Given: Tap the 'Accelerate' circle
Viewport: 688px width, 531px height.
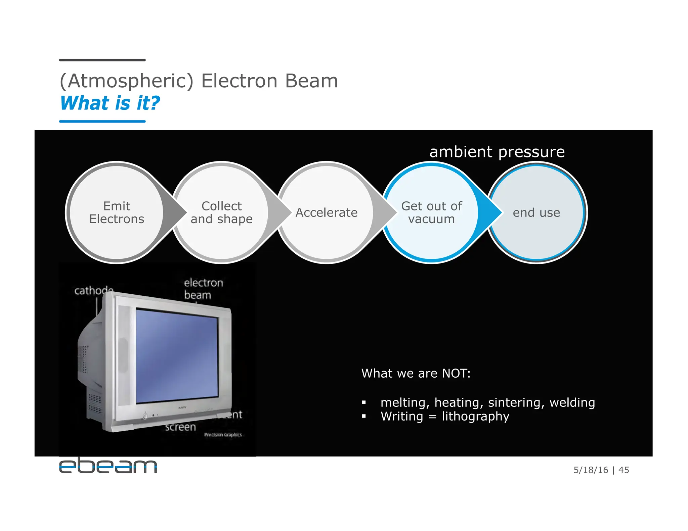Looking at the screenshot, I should pos(326,212).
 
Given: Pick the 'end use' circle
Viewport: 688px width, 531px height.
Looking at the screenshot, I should pos(536,212).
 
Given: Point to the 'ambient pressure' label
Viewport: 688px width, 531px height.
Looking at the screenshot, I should pos(497,152).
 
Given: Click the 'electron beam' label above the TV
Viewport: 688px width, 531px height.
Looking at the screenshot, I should pos(203,289).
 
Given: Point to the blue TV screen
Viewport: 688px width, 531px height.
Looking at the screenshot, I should pos(177,356).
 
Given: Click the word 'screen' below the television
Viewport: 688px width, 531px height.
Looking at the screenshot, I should pos(180,427).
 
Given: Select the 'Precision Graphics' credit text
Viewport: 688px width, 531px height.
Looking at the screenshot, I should pos(223,435).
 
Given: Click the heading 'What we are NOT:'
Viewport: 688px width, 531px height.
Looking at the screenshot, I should pos(416,373).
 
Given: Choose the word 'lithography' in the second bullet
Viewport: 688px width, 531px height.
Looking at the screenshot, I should pos(475,417).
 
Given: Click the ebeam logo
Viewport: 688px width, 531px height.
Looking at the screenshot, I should pos(108,466).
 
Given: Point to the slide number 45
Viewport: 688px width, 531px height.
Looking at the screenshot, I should pos(623,470).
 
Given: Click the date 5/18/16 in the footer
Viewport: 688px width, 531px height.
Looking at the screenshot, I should pos(591,470).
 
